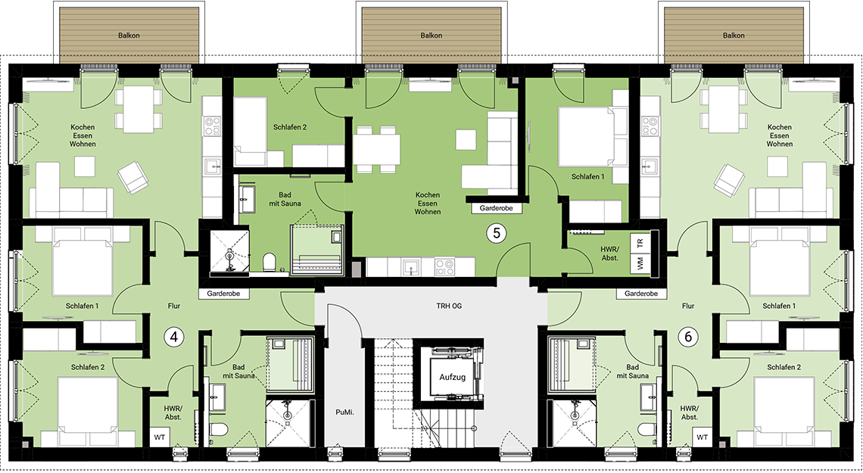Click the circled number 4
[x=174, y=337]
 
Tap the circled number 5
[x=497, y=233]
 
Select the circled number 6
[x=688, y=337]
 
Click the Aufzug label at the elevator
[x=453, y=378]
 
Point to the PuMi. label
[x=344, y=412]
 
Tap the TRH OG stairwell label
[x=449, y=306]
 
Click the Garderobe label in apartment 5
[x=496, y=208]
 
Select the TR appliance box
[x=640, y=242]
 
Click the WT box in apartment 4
[x=160, y=437]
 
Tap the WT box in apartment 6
[x=703, y=437]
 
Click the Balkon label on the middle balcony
[x=431, y=36]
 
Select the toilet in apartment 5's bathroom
[x=269, y=262]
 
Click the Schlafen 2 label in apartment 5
[x=290, y=127]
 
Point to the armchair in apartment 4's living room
[x=132, y=177]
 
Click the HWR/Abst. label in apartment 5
[x=610, y=253]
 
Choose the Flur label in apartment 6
[x=688, y=306]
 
